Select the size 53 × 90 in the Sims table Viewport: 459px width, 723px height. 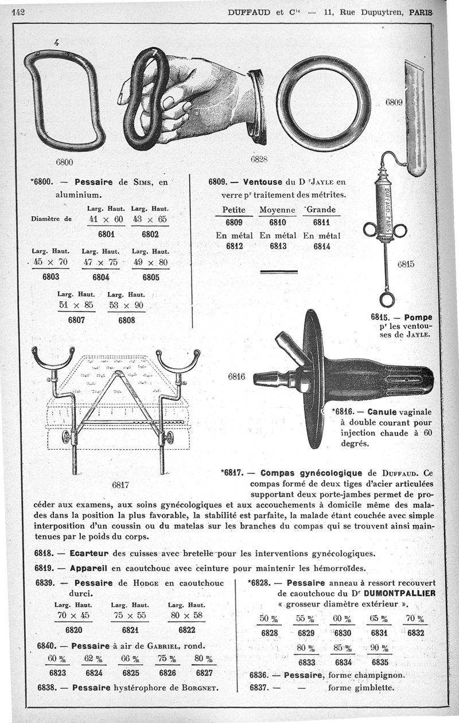126,305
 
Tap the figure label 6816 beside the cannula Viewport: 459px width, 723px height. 236,377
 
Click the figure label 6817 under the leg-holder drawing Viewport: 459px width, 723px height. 120,484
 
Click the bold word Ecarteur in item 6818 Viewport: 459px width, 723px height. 89,554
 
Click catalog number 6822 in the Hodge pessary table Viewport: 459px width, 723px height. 187,629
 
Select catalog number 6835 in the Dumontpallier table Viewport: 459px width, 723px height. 380,662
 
